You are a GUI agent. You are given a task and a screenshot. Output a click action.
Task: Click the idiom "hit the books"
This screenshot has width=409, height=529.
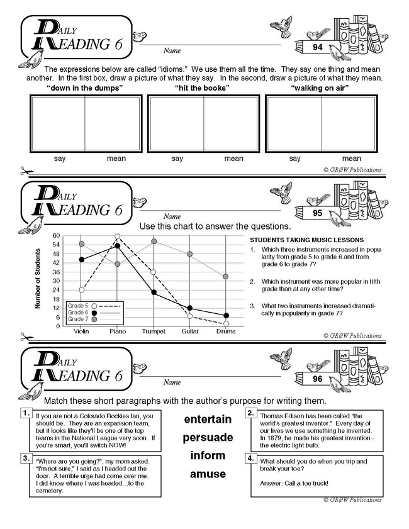coord(202,88)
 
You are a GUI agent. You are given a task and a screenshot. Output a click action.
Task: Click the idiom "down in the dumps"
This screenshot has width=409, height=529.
coord(85,88)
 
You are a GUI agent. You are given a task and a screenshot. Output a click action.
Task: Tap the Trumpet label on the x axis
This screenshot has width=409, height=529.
coord(154,331)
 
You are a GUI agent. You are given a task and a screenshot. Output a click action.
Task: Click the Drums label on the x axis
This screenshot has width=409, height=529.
coord(226,331)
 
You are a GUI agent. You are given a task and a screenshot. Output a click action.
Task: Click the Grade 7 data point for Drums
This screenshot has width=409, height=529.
coord(226,277)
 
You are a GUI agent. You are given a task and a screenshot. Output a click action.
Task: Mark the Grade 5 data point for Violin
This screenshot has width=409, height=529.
coord(81,290)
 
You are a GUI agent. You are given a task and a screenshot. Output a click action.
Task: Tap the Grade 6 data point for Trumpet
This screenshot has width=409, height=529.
coord(154,292)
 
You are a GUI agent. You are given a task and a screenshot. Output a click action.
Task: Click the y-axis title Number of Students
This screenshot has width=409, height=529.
coord(39,279)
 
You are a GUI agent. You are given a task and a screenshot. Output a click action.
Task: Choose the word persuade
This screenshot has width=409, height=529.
coord(208,437)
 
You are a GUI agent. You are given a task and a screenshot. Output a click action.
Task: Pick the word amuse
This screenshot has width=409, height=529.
coord(208,473)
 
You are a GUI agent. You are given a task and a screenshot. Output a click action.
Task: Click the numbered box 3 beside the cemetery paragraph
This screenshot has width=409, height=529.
coord(26,459)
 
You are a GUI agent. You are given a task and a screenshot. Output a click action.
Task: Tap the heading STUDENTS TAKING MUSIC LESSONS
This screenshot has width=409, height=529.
coord(306,240)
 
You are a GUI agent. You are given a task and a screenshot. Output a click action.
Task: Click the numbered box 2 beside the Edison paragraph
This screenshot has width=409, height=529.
coord(250,413)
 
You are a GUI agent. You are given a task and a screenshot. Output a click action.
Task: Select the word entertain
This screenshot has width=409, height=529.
coord(208,418)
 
